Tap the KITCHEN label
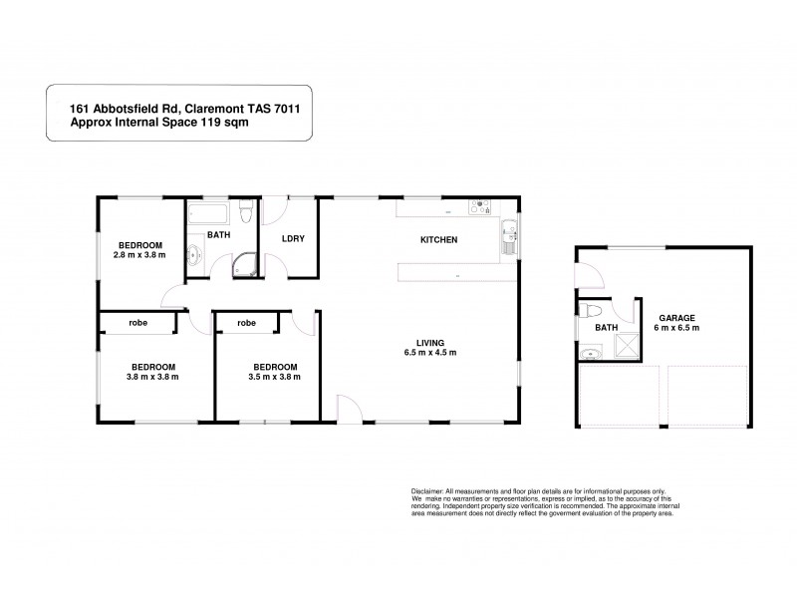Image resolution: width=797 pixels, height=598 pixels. [438, 240]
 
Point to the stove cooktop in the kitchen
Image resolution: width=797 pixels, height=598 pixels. [481, 209]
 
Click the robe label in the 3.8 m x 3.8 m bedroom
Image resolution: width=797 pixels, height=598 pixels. [137, 323]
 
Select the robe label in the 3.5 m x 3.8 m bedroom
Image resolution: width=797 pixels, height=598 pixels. [246, 323]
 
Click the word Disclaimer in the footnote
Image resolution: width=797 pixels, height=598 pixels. [430, 492]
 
